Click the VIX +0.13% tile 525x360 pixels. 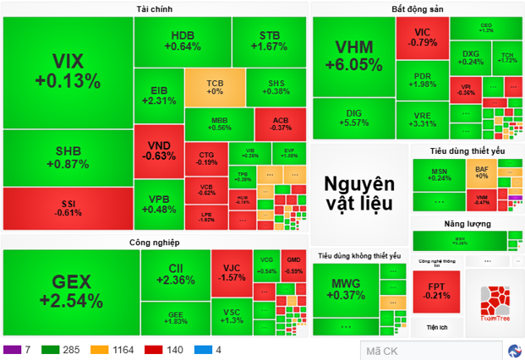[x=68, y=72]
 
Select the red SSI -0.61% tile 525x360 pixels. [x=68, y=208]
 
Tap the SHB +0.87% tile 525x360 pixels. [x=68, y=156]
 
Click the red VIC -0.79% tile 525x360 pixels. [x=422, y=37]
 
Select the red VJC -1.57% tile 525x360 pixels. [x=231, y=272]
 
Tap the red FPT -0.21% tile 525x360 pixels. [x=438, y=292]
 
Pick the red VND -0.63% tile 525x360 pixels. [x=159, y=150]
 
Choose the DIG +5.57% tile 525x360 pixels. [x=353, y=118]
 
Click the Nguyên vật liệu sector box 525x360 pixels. [x=359, y=193]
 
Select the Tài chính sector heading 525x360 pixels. [x=156, y=9]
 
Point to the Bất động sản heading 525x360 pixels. [x=418, y=9]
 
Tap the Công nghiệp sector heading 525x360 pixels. [x=155, y=243]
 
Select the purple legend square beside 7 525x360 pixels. [x=12, y=349]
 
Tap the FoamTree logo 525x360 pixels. [x=489, y=304]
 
